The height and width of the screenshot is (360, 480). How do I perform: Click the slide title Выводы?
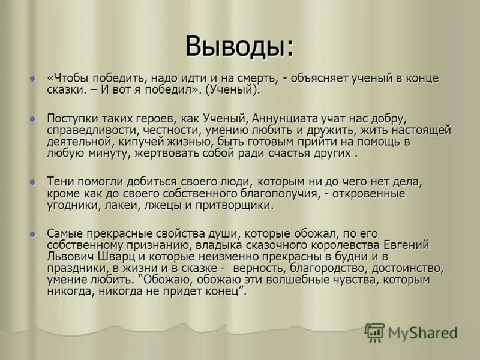239,46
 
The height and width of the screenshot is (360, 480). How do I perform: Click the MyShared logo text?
422,333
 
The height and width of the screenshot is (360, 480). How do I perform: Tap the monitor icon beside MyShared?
374,332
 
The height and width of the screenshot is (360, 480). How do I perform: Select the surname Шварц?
109,257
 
